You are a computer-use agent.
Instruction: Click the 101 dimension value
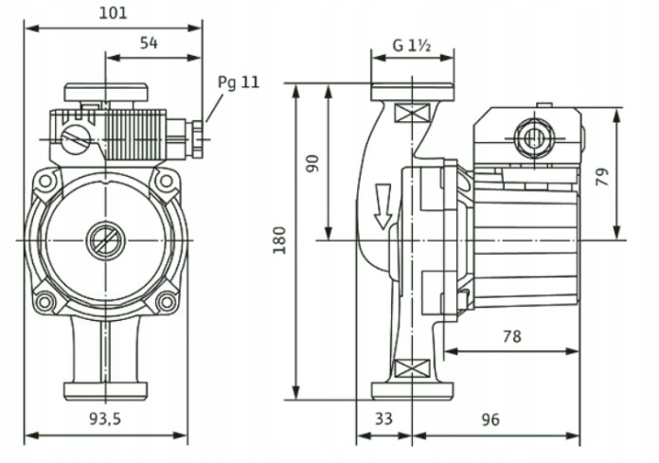point(115,12)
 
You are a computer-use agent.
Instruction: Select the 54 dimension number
point(149,43)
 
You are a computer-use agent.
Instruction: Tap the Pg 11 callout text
point(238,82)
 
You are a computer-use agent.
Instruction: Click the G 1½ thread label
point(413,45)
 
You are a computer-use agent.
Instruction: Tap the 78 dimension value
point(511,335)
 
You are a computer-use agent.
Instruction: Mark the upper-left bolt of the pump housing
point(45,179)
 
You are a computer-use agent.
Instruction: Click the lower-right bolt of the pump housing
point(166,301)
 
